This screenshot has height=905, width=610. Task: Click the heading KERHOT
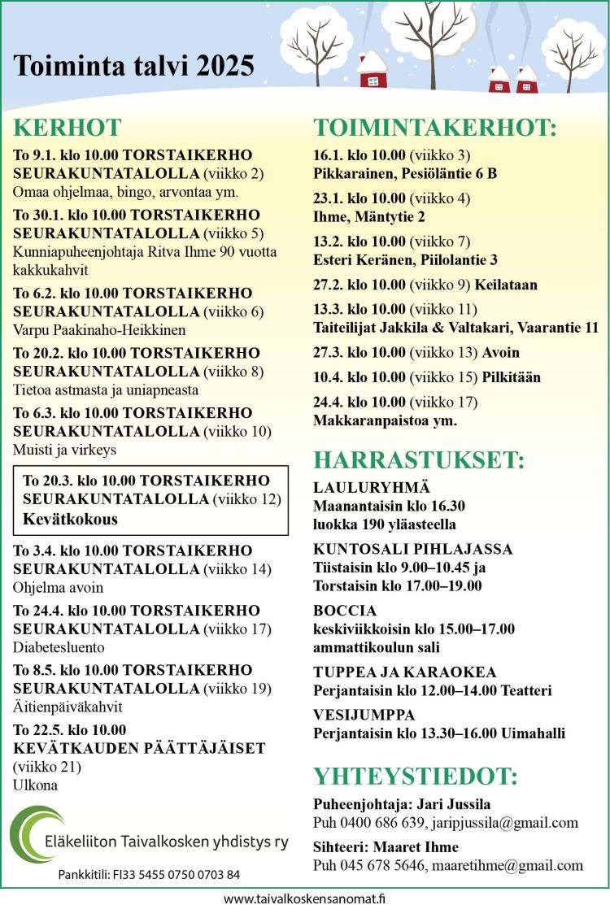pyautogui.click(x=68, y=128)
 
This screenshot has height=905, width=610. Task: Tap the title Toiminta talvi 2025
pyautogui.click(x=134, y=66)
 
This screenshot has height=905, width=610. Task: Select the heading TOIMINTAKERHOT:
pyautogui.click(x=435, y=128)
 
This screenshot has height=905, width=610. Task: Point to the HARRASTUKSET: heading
pyautogui.click(x=419, y=459)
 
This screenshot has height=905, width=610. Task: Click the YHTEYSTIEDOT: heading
pyautogui.click(x=416, y=776)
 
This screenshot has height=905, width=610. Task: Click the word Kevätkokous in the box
pyautogui.click(x=70, y=519)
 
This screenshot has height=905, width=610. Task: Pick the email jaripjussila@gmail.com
pyautogui.click(x=505, y=822)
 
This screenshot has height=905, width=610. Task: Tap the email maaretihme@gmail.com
pyautogui.click(x=508, y=865)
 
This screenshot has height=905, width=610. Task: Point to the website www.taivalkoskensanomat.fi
pyautogui.click(x=304, y=898)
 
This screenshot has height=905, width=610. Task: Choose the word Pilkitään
pyautogui.click(x=511, y=377)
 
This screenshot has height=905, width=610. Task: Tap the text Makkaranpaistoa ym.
pyautogui.click(x=385, y=420)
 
